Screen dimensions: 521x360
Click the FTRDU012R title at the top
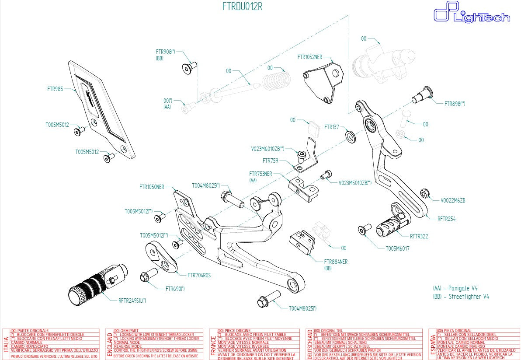[242, 7]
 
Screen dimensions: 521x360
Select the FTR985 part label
[55, 89]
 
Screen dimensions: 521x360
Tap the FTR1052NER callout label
[309, 57]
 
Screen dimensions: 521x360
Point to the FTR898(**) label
[455, 104]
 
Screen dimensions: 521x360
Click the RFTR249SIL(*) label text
[132, 301]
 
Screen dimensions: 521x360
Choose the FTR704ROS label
[199, 276]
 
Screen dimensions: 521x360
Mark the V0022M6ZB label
[453, 201]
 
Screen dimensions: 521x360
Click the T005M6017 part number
[397, 248]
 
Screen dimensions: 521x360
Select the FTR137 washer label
[331, 127]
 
